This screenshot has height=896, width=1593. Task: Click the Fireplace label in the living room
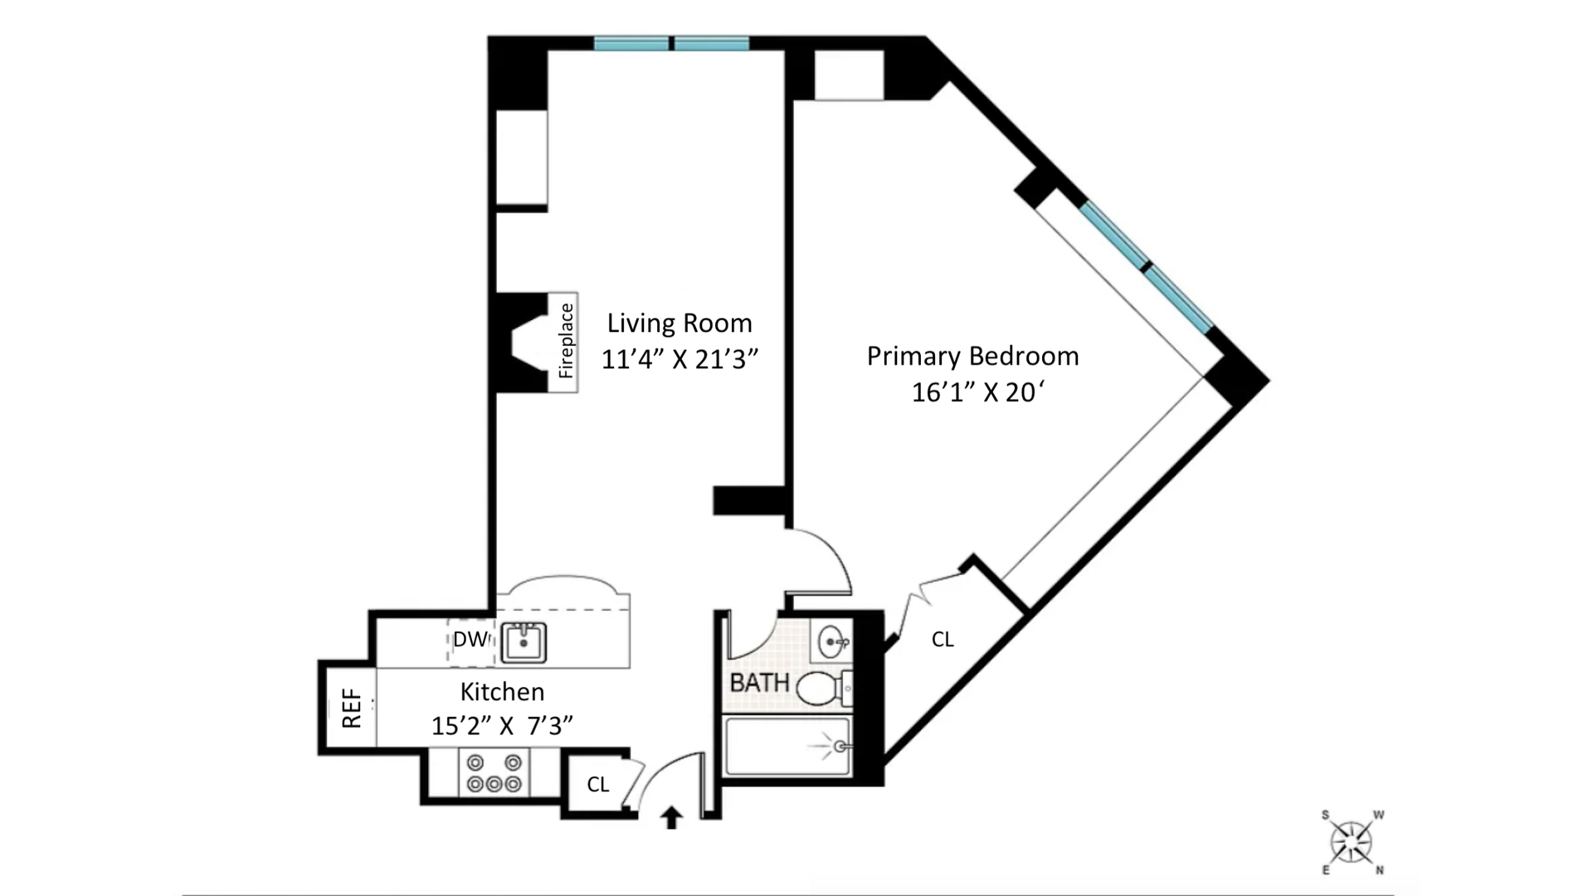tap(566, 341)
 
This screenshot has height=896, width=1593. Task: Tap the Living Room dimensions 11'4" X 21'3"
tap(680, 359)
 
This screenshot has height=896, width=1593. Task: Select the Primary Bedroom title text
tap(972, 356)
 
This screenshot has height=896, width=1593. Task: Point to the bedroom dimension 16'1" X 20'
tap(977, 392)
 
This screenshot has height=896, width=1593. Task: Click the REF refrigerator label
tap(352, 708)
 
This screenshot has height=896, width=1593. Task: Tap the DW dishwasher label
tap(470, 640)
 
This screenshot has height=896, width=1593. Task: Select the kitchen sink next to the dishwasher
tap(524, 642)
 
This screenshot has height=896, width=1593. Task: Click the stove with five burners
tap(494, 773)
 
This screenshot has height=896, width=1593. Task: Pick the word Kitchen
tap(502, 691)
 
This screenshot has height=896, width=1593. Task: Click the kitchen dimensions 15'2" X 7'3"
tap(502, 726)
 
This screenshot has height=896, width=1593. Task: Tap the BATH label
tap(759, 683)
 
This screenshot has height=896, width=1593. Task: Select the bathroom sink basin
tap(833, 642)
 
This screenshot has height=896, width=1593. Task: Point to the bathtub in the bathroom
tap(787, 747)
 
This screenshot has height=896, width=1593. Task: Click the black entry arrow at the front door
tap(671, 818)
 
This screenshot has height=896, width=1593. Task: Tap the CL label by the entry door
tap(598, 784)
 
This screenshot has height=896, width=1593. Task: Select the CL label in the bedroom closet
tap(943, 639)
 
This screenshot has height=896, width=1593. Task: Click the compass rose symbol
tap(1352, 842)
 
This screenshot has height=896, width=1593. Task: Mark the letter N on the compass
tap(1380, 870)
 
